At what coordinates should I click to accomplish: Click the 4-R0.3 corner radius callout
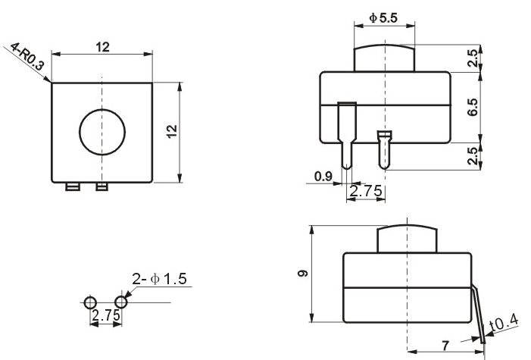27,56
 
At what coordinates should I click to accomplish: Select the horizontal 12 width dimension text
102,47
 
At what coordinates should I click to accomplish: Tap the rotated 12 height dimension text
172,131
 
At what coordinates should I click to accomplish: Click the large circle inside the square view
80,132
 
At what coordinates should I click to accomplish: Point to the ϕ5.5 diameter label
383,18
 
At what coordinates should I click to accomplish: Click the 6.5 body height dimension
473,107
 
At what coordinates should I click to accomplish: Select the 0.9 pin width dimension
323,177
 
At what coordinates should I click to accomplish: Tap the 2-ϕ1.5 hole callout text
159,279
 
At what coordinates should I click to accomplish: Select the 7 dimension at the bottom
445,346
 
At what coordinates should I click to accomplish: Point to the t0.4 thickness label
504,323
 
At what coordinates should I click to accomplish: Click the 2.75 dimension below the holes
106,315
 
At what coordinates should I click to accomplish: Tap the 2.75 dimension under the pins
366,191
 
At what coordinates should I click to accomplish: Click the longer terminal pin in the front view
347,136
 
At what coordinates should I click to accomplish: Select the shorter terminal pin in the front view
384,150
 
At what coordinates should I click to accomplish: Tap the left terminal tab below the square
73,186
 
